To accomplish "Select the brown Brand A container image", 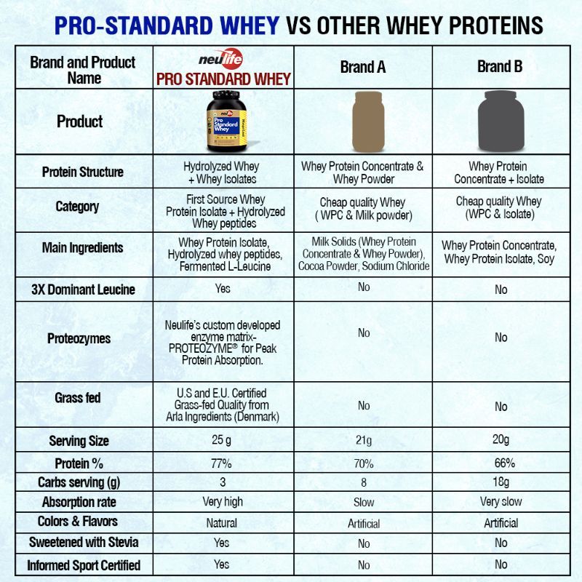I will pyautogui.click(x=363, y=121).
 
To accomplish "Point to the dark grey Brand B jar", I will pyautogui.click(x=500, y=121).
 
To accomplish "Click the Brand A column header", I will pyautogui.click(x=363, y=68).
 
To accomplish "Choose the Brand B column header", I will pyautogui.click(x=500, y=67).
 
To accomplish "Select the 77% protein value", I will pyautogui.click(x=222, y=463).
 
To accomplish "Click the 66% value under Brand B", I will pyautogui.click(x=501, y=463).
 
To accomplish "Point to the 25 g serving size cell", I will pyautogui.click(x=223, y=440).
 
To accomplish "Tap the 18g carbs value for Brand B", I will pyautogui.click(x=501, y=482).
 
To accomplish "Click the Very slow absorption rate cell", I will pyautogui.click(x=501, y=502).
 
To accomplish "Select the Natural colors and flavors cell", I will pyautogui.click(x=222, y=522).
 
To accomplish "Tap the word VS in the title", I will pyautogui.click(x=299, y=26).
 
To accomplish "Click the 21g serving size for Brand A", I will pyautogui.click(x=363, y=441).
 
